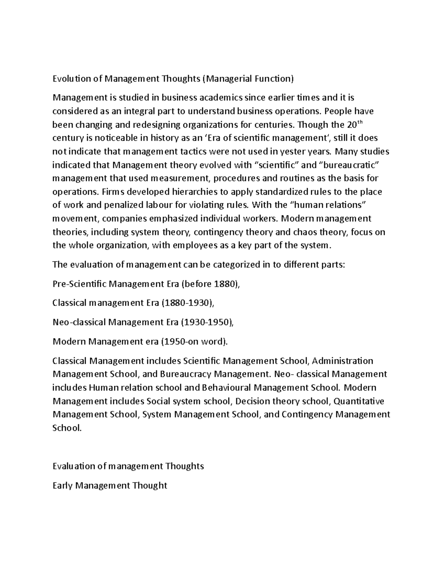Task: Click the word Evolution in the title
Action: click(x=72, y=79)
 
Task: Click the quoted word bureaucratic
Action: click(x=352, y=165)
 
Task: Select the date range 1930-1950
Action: click(x=206, y=322)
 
